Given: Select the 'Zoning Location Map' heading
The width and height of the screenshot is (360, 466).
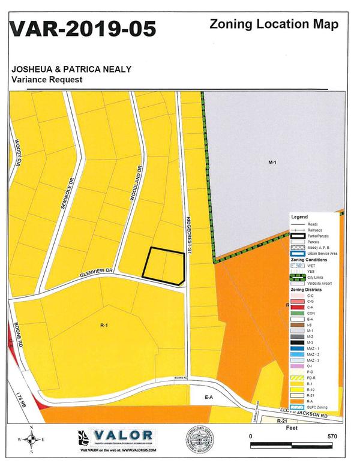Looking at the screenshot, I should click(x=274, y=25).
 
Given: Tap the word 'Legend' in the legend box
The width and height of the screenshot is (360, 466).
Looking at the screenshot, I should click(x=299, y=216).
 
